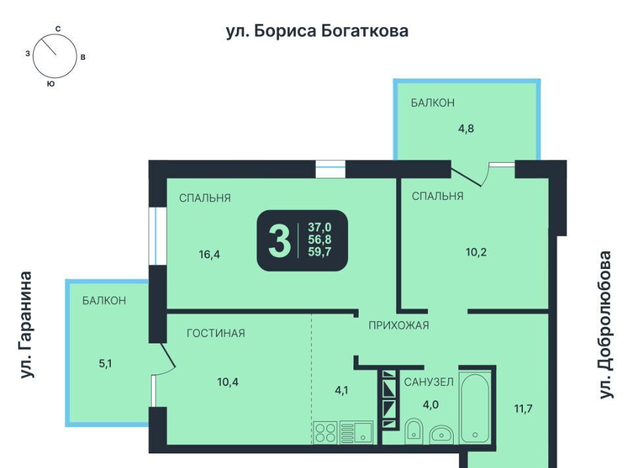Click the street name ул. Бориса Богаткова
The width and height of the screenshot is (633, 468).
(317, 32)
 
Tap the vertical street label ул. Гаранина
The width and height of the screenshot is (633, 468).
(26, 325)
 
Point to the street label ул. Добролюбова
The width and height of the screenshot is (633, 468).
(605, 325)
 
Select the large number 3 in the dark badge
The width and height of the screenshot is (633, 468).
(280, 241)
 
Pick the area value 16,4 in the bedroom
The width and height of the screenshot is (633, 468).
(209, 254)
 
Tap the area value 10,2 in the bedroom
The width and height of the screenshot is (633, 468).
(476, 252)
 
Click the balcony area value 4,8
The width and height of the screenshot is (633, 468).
(466, 129)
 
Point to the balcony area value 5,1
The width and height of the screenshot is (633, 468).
(105, 363)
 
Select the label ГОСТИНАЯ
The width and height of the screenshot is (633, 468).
(216, 334)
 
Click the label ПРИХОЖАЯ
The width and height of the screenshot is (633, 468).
(399, 325)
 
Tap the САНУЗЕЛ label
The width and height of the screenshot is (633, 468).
(429, 382)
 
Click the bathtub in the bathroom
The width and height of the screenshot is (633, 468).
(475, 407)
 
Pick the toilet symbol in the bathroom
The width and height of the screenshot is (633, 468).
(413, 430)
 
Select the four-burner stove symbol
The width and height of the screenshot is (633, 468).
(325, 432)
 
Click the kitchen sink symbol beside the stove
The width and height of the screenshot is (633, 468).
(356, 432)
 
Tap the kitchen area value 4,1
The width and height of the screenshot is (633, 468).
(342, 390)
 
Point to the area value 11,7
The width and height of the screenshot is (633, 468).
(523, 409)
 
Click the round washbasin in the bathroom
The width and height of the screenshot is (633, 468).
(441, 434)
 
